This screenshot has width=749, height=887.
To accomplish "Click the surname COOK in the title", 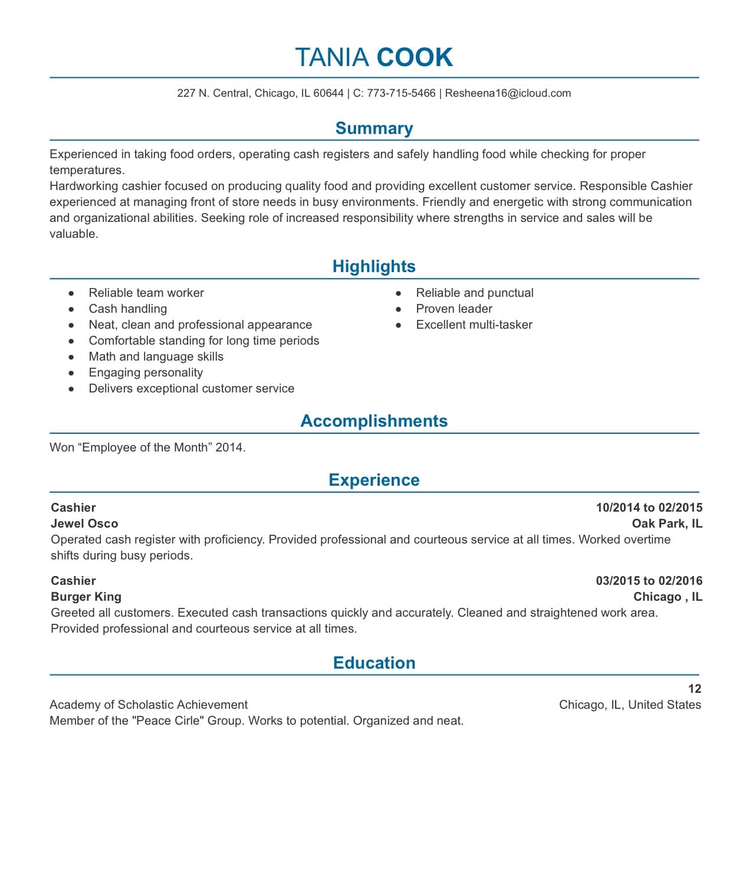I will tap(414, 57).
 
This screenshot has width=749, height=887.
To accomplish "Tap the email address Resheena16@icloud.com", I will tap(508, 93).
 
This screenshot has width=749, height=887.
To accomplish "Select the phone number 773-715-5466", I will tap(401, 93).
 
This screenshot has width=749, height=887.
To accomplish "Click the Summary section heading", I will tap(374, 128).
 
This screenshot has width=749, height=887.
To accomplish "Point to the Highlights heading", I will tap(374, 266).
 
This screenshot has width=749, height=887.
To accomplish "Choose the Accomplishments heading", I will tap(374, 421).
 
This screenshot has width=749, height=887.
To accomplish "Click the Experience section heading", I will tap(374, 480).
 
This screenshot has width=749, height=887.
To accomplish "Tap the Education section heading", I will tap(374, 663).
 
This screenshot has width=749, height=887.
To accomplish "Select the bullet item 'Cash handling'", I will tap(127, 309).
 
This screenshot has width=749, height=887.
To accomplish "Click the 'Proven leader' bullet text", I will tap(454, 309).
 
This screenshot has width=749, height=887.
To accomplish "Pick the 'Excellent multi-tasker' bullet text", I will tap(474, 325).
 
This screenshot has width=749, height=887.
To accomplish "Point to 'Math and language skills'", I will tap(156, 356).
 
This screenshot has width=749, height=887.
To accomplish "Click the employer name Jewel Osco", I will tap(84, 523).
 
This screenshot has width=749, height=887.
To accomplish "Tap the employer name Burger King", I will tap(86, 597).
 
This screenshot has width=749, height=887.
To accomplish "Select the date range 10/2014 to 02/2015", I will tap(649, 508).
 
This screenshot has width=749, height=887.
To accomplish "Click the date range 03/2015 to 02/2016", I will tap(649, 581).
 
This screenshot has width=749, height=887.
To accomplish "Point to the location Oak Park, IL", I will tap(666, 523).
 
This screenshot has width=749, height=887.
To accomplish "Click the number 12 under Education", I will tap(694, 689).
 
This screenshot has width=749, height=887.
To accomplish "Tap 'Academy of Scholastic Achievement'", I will tap(149, 705).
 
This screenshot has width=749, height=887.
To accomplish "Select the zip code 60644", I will tap(328, 93).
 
